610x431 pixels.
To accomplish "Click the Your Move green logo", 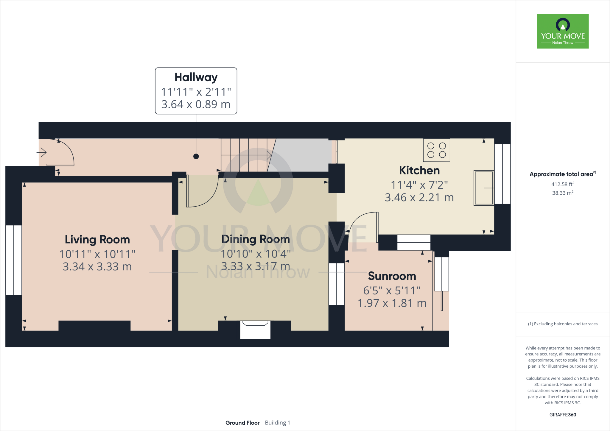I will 563,31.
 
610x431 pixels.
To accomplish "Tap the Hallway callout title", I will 196,77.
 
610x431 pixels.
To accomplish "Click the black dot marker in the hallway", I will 196,156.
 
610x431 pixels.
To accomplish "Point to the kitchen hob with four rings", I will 436,150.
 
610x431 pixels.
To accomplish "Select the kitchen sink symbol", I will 484,188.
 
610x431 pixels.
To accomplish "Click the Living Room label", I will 97,240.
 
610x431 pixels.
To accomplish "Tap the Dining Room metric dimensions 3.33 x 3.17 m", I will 256,266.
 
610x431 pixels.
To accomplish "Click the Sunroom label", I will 392,276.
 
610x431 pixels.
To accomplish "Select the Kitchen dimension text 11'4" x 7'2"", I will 419,185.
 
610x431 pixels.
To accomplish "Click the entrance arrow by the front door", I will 42,153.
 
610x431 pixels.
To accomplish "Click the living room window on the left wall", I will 14,260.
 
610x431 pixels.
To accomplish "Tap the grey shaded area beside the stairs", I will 301,155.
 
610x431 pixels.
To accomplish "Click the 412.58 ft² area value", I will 563,184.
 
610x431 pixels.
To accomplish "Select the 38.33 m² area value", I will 563,193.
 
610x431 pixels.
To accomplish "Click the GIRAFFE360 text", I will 563,415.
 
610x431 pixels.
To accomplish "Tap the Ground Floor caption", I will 242,423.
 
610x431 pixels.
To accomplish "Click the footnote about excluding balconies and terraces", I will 563,324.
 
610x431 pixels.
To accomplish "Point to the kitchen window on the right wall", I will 502,174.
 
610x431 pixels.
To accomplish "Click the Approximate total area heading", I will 562,174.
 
